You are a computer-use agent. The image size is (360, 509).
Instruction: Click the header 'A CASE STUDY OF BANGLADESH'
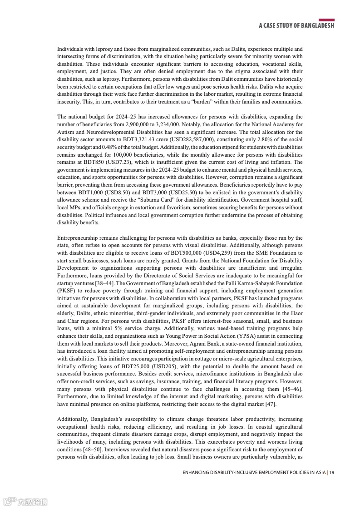tap(296, 26)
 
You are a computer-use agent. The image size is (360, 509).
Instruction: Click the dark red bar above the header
tap(326, 20)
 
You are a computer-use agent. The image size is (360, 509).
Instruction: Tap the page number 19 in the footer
tap(332, 473)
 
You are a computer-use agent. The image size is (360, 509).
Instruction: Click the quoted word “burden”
tap(185, 102)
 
